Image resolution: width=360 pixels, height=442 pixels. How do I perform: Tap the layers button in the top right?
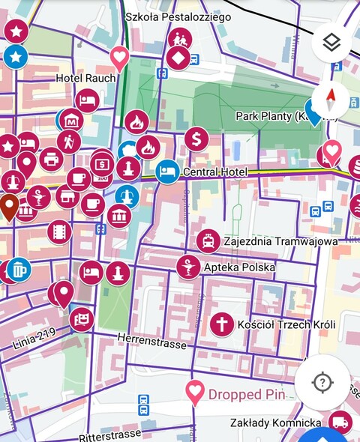tap(331, 43)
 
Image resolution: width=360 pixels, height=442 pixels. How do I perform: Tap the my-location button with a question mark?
tap(322, 382)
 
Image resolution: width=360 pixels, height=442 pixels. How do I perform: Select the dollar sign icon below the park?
tap(196, 139)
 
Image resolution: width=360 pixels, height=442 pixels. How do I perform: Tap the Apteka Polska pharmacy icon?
tap(189, 267)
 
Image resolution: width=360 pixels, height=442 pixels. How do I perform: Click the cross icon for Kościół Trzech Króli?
tap(221, 324)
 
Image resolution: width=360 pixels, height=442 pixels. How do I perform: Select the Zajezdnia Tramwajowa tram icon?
tap(208, 241)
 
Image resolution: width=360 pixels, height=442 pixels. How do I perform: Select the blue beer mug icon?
tap(19, 268)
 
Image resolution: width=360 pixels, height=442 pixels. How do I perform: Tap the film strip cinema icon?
tap(58, 231)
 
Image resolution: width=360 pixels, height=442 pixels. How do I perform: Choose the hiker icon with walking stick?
tap(69, 141)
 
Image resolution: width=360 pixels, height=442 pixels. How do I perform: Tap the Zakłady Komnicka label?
tap(276, 423)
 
